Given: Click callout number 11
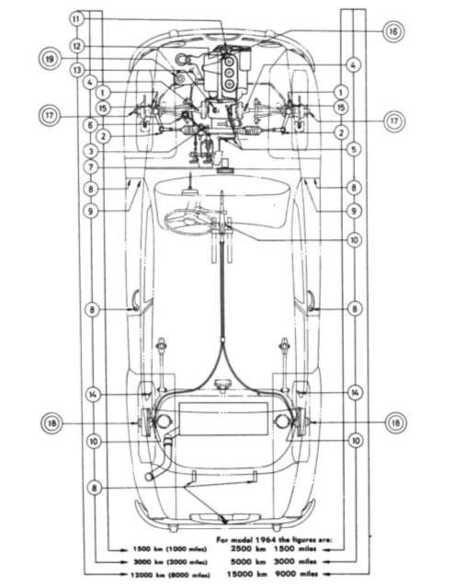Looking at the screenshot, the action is coord(76,18).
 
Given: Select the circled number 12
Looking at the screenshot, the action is coord(76,46).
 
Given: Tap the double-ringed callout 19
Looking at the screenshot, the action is coord(50,59).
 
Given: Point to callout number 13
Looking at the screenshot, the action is coord(77,70).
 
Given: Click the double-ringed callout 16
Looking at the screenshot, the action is coord(393,31).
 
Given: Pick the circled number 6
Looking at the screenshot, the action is coord(90,125).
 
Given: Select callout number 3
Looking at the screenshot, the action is coord(90,151).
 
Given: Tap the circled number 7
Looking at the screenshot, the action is coord(90,167).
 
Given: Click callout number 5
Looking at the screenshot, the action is coord(354,150).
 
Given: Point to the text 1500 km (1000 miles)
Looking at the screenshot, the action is coord(169,549).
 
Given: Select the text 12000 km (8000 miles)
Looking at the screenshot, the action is coord(170,575).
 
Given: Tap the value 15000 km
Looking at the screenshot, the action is coord(246,574).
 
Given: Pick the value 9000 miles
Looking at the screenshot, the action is coord(296,573).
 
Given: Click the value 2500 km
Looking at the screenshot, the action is coord(248,549).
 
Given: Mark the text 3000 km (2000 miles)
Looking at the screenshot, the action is coord(170,562).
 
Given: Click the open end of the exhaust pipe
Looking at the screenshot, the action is coord(149,477).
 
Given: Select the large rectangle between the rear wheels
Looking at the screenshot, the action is coord(223,419).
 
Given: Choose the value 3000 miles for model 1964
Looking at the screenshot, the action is coord(295,561).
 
